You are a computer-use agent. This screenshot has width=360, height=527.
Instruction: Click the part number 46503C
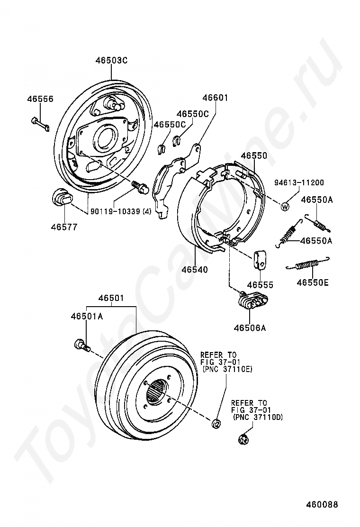click(x=111, y=61)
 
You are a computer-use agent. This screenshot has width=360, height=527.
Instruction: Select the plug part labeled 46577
click(x=59, y=197)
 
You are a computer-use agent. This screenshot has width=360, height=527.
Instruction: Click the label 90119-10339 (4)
click(x=121, y=211)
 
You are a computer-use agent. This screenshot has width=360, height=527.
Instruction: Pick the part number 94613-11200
click(x=299, y=182)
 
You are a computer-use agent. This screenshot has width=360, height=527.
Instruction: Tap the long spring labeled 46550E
click(x=311, y=265)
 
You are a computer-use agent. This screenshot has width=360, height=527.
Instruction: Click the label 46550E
click(x=313, y=283)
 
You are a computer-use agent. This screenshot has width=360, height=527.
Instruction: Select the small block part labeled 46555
click(x=260, y=259)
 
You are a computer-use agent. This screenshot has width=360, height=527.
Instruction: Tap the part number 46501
click(x=111, y=298)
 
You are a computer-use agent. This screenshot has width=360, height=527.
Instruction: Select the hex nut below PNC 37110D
click(x=244, y=439)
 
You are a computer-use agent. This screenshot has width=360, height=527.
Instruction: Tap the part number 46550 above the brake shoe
click(x=253, y=155)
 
